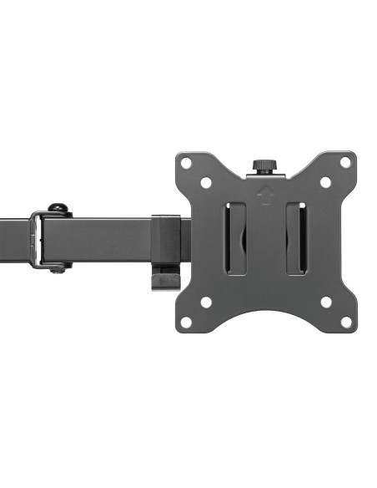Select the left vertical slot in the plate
pyautogui.click(x=236, y=239)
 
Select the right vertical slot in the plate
pyautogui.click(x=295, y=239)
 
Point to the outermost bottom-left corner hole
pyautogui.click(x=186, y=322)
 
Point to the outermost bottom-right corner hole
pyautogui.click(x=345, y=322)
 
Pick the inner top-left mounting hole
pyautogui.click(x=206, y=182)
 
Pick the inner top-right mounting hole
pyautogui.click(x=325, y=182)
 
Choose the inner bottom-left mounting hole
pyautogui.click(x=206, y=302)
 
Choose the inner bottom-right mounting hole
pyautogui.click(x=325, y=302)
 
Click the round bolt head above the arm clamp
pyautogui.click(x=58, y=208)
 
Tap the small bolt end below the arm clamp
pyautogui.click(x=58, y=268)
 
